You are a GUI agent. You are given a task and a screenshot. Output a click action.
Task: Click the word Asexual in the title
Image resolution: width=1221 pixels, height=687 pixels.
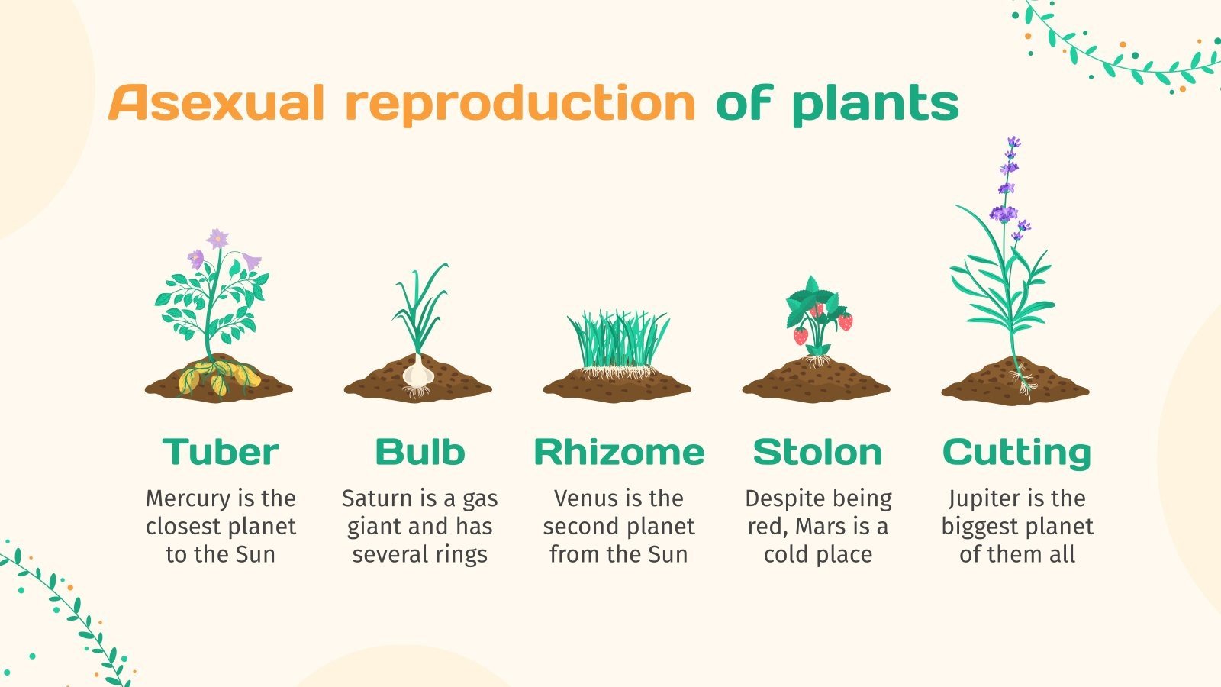tap(217, 103)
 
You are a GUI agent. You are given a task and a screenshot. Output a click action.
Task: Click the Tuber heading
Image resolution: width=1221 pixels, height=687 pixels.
tap(221, 452)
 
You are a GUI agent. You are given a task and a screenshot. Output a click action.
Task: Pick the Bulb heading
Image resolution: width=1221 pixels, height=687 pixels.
tap(420, 452)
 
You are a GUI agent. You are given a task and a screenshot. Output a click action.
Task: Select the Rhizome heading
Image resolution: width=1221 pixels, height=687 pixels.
tap(619, 452)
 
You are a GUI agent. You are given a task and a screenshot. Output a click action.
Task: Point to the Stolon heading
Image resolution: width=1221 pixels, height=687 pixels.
tap(817, 452)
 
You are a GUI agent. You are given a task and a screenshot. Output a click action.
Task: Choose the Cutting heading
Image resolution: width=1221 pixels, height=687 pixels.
tap(1016, 453)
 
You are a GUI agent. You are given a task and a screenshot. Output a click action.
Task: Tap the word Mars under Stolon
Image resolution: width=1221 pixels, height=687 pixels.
tap(820, 527)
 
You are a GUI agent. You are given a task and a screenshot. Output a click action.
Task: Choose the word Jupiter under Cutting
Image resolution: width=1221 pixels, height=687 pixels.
tap(981, 498)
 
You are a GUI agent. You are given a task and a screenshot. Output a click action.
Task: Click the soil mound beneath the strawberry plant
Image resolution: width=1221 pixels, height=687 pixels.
tap(817, 382)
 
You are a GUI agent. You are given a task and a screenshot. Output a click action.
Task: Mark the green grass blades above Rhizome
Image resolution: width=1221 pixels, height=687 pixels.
tap(618, 340)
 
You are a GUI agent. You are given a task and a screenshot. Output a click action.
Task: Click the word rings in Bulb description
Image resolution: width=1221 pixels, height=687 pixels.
tap(462, 555)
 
